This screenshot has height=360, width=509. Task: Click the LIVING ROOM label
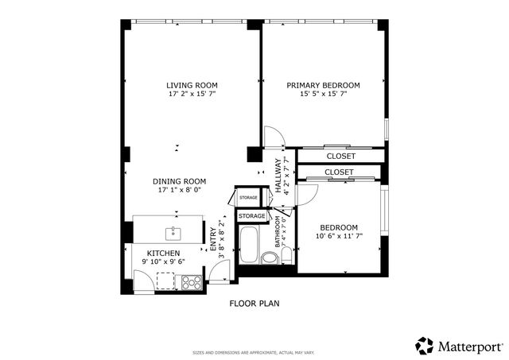coord(192,85)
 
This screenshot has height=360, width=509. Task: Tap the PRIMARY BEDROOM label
coord(324,85)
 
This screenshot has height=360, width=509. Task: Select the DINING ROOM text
coord(180,181)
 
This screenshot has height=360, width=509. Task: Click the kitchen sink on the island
coord(172,233)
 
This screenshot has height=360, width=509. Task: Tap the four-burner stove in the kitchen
coord(191,281)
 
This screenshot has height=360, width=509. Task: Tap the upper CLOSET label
coord(340,157)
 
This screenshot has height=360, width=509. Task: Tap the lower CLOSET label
coord(339,172)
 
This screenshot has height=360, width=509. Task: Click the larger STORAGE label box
coord(252,216)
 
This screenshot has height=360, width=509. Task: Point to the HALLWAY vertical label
coord(278,175)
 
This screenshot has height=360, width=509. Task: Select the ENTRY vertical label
coord(212,238)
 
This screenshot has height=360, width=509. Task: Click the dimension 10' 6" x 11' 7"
coord(339,236)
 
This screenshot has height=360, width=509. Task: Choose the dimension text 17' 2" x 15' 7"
coord(192,95)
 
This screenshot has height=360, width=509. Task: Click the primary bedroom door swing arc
coord(273,137)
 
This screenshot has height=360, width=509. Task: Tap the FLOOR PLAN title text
coord(254,303)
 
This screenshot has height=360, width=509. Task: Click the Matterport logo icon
coord(425,346)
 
